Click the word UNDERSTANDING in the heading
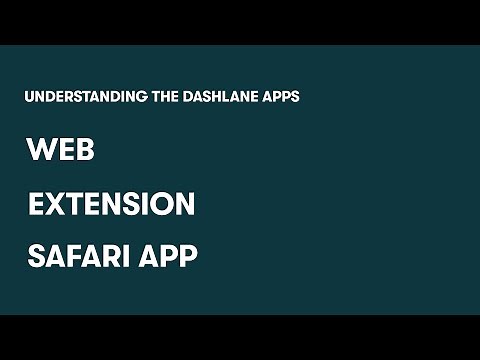coord(81,97)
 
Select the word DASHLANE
coord(219,97)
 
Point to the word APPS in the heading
coord(281,97)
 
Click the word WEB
coord(61,151)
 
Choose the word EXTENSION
coord(111,204)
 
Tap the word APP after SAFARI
coord(168,256)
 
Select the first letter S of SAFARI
coord(37,256)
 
